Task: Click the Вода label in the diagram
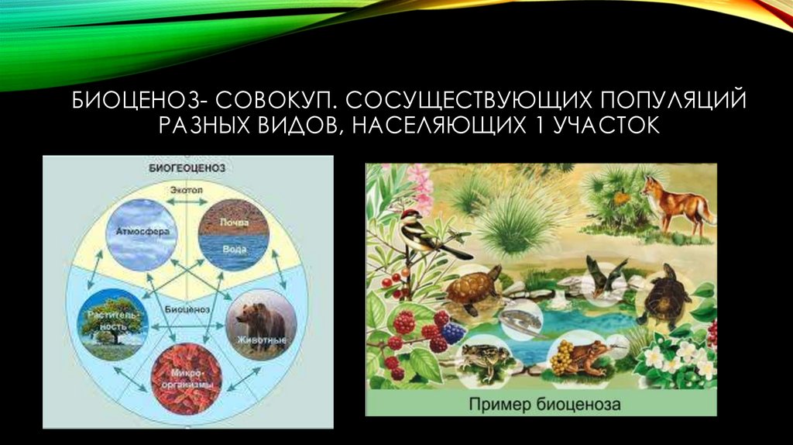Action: tap(235, 250)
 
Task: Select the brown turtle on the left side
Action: tap(473, 291)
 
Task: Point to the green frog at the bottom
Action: tap(483, 360)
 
